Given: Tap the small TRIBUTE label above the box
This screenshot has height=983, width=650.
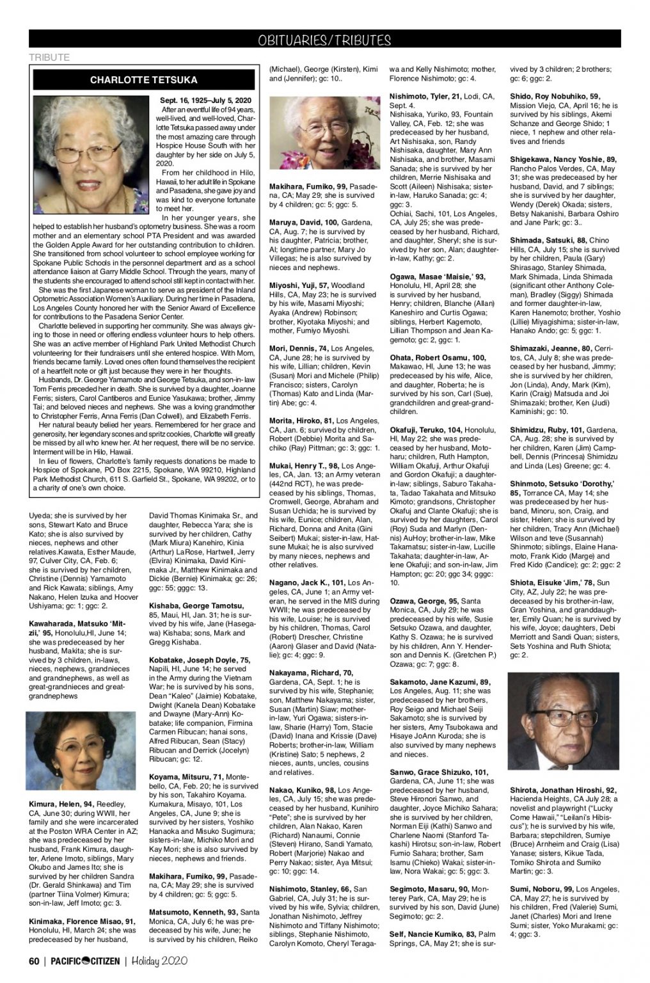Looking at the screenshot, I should [x=49, y=58].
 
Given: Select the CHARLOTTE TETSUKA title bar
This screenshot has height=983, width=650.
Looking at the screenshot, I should [x=143, y=81].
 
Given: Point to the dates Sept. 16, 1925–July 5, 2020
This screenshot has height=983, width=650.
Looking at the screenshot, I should [x=205, y=101].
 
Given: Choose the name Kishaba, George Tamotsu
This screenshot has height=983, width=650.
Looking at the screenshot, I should [x=196, y=605].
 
